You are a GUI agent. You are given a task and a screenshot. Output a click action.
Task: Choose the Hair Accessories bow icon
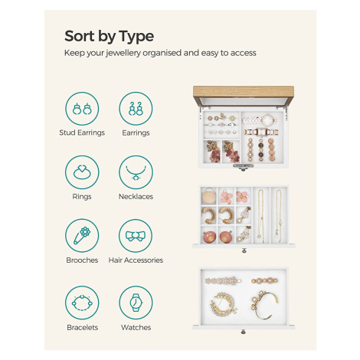[136, 236]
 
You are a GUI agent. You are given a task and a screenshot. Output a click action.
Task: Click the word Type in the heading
[136, 37]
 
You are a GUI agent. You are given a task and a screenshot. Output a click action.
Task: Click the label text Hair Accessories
[136, 260]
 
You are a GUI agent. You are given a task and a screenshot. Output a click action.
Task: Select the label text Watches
[136, 327]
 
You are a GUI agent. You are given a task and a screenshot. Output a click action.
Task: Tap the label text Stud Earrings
[82, 133]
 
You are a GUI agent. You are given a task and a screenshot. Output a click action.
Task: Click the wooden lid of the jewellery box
[244, 92]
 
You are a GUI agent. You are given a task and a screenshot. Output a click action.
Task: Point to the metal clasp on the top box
[244, 166]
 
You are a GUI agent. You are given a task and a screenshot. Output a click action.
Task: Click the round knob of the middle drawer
[244, 250]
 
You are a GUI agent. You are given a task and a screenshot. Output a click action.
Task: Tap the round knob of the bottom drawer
[243, 332]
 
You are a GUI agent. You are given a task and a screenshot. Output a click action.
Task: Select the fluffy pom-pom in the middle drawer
[208, 196]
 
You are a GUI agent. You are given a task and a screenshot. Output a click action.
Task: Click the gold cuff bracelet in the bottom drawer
[264, 305]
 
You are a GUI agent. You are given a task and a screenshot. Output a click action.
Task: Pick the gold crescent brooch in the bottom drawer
[224, 304]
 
